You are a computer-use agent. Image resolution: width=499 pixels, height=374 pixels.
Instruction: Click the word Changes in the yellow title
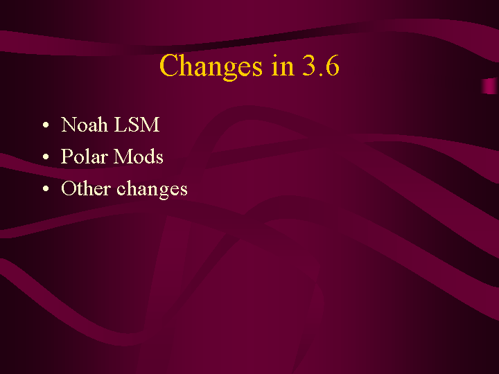click(211, 66)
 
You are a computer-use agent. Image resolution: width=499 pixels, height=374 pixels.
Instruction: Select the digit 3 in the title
click(308, 65)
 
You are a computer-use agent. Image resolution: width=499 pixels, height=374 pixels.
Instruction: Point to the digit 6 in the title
click(333, 65)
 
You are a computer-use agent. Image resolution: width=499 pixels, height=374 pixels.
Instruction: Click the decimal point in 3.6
click(321, 73)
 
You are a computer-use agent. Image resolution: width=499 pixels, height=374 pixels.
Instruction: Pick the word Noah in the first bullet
click(84, 124)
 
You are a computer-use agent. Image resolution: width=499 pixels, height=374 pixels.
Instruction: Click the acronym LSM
click(137, 124)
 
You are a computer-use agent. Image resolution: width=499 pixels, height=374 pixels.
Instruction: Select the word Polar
click(85, 156)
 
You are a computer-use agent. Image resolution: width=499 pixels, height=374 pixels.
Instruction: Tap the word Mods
click(139, 156)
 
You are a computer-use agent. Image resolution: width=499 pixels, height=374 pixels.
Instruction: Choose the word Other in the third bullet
click(86, 188)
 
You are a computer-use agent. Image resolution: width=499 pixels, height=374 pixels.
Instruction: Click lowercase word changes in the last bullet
click(152, 189)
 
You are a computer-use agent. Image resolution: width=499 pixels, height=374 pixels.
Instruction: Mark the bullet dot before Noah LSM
click(46, 125)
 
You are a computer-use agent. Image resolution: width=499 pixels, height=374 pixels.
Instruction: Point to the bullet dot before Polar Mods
click(46, 157)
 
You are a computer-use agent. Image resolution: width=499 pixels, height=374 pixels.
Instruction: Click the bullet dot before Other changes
click(46, 188)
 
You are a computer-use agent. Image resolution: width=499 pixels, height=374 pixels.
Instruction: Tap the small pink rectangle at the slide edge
click(490, 86)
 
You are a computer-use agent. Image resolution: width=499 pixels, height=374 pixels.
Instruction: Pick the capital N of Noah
click(69, 124)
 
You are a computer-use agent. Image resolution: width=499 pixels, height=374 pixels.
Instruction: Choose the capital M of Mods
click(123, 156)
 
